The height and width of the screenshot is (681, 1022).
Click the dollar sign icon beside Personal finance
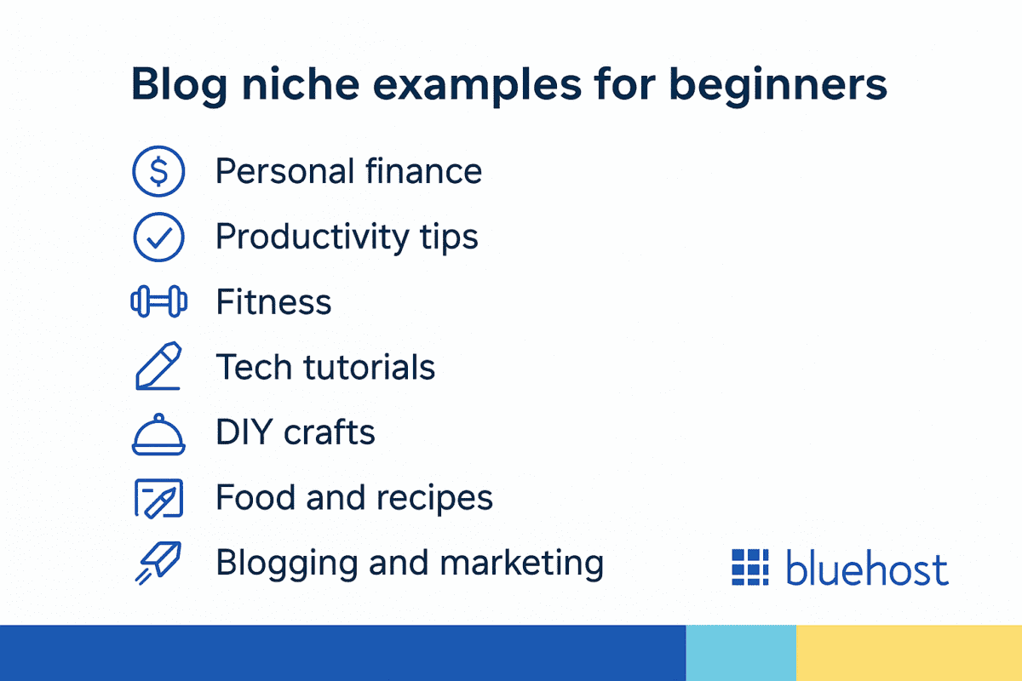click(x=158, y=172)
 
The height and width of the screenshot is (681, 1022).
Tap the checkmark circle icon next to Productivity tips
click(x=158, y=237)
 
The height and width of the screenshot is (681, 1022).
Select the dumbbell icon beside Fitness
click(x=158, y=303)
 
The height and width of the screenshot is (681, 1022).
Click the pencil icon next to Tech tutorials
click(x=158, y=367)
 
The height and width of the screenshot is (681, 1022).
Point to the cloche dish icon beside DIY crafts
click(x=158, y=433)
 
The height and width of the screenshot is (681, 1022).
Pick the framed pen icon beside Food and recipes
click(x=158, y=498)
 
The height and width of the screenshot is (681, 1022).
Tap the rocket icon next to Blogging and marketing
click(x=158, y=564)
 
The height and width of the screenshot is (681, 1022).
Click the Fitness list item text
click(x=273, y=303)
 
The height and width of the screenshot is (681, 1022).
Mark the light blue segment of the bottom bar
click(x=741, y=653)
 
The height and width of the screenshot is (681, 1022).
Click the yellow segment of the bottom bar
click(x=909, y=653)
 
